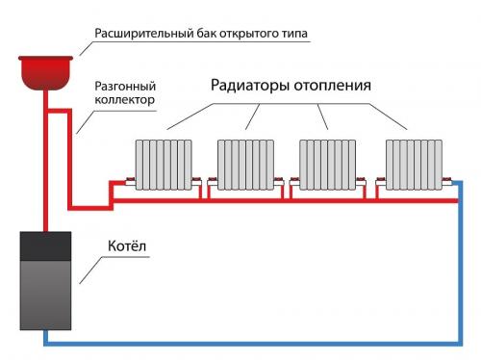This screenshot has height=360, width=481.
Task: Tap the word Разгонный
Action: tap(120, 86)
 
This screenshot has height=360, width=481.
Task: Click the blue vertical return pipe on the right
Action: tap(461, 270)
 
